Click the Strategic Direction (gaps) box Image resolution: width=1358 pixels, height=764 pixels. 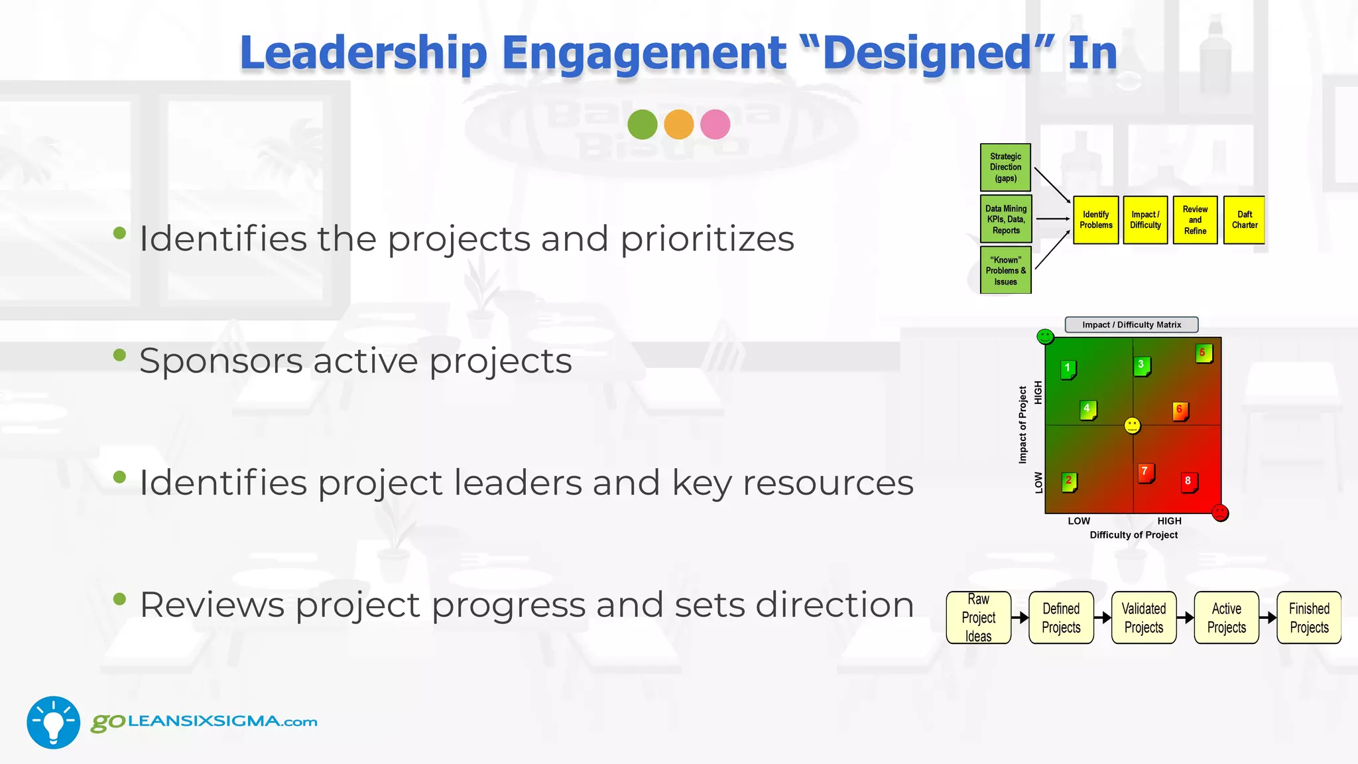[x=1005, y=167]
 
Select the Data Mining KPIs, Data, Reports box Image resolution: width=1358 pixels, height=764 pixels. [x=1005, y=219]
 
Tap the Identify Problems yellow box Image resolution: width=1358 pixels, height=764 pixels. [x=1095, y=220]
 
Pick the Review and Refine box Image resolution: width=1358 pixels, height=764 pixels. [x=1195, y=220]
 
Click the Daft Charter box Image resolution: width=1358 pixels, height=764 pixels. [x=1244, y=220]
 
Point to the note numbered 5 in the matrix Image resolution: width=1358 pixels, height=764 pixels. [x=1204, y=353]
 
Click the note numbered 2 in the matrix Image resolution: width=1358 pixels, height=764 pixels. [x=1069, y=481]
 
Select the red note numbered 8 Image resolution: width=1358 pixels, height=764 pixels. [x=1189, y=482]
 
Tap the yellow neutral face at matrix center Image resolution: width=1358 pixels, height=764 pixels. [x=1133, y=426]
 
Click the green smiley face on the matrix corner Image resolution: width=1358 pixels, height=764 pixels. [x=1045, y=337]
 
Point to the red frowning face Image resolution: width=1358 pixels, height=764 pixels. [x=1220, y=513]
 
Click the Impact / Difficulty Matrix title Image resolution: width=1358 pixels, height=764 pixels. [x=1131, y=325]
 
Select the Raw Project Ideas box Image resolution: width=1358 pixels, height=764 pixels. [x=978, y=617]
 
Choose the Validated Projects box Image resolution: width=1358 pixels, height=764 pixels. [x=1143, y=617]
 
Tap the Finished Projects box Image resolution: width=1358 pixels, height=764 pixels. [x=1308, y=617]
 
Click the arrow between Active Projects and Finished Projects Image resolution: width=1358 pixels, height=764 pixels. [x=1268, y=617]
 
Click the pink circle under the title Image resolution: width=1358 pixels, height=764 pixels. [x=715, y=124]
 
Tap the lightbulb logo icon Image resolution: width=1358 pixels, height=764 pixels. [x=53, y=722]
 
